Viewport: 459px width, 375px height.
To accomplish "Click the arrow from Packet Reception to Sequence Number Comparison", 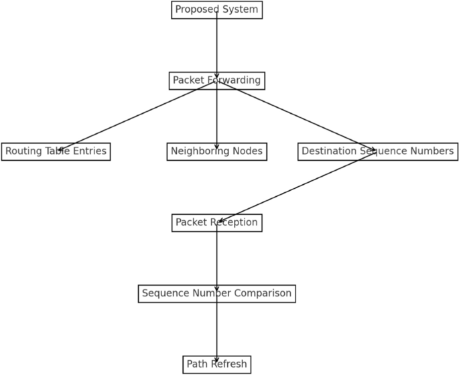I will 216,258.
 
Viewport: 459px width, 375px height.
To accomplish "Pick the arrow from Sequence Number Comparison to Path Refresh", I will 216,329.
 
